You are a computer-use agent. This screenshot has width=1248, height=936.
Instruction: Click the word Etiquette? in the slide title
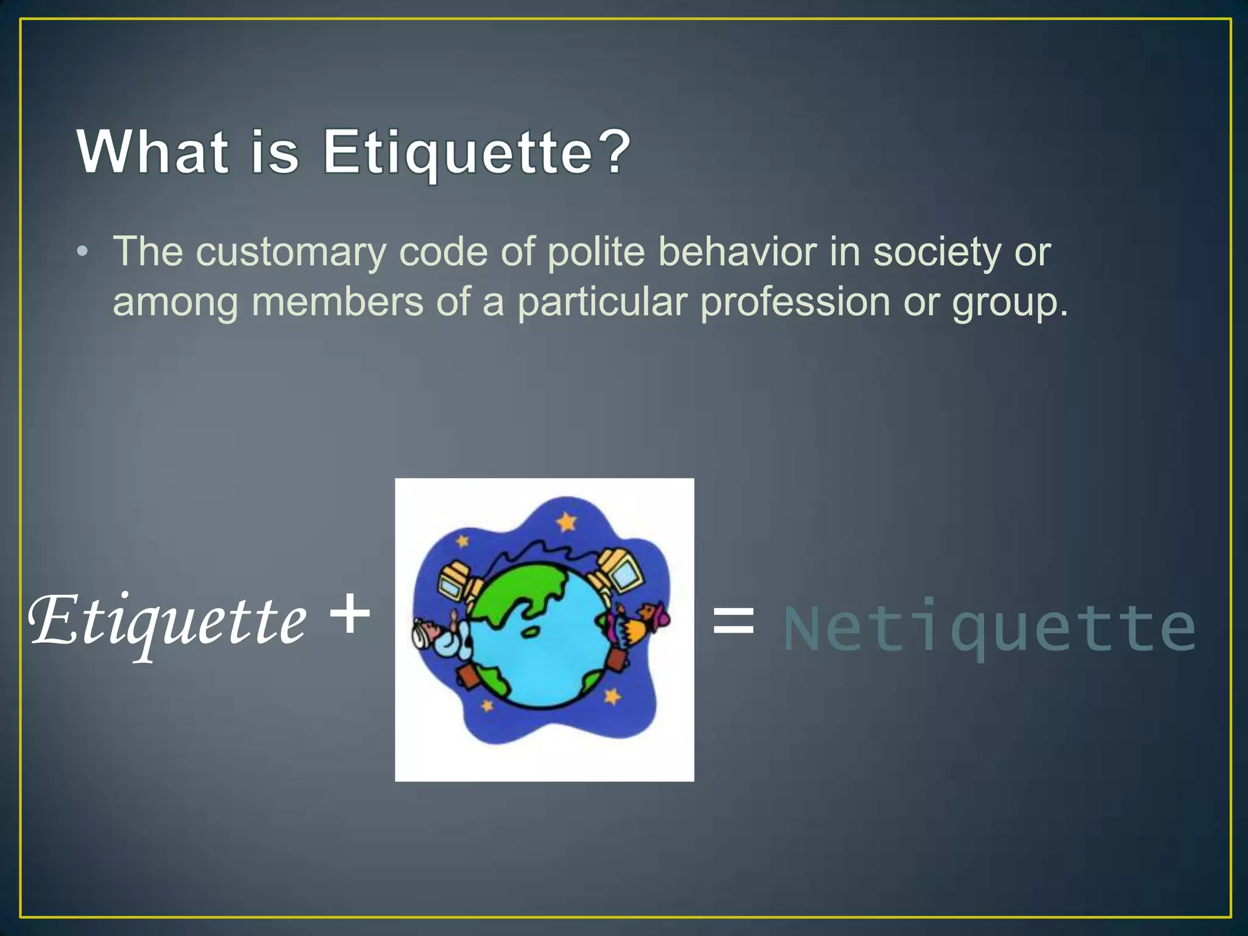pos(477,152)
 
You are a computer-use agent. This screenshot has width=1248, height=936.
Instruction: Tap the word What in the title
pos(153,152)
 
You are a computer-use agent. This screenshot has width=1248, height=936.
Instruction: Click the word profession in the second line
pos(795,302)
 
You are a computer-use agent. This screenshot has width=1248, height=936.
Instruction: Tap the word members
pos(337,302)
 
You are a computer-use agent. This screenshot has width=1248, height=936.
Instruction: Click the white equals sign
pos(733,622)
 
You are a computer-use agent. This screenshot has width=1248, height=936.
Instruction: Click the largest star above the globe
pos(567,522)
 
